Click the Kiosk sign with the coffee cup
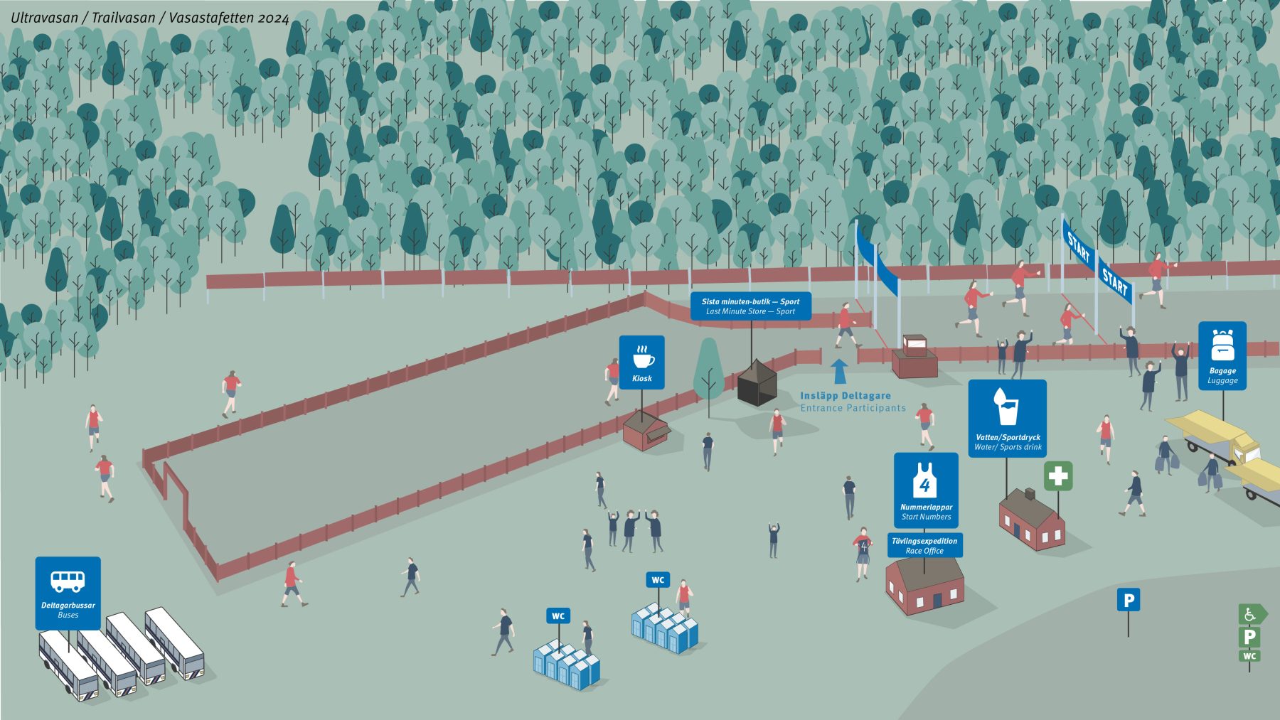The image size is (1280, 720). click(641, 362)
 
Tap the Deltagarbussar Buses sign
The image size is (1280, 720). click(68, 593)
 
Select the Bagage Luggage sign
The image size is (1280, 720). click(1222, 356)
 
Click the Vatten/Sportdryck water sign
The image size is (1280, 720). click(1008, 418)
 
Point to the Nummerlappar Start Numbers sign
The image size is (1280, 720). click(926, 490)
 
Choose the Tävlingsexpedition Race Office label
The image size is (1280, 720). click(925, 545)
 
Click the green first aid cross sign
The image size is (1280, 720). click(1058, 475)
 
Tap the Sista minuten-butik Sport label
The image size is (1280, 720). click(751, 306)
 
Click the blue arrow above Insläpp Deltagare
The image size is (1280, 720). click(839, 372)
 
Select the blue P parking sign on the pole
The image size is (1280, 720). click(1129, 601)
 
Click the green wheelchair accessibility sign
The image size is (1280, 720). click(1252, 614)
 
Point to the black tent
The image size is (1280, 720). click(757, 382)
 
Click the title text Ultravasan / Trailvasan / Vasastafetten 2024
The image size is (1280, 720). click(150, 18)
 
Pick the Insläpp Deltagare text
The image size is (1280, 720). click(846, 396)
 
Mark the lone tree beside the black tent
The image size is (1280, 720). click(708, 372)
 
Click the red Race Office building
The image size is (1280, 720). click(925, 585)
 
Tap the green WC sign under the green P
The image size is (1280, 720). click(1249, 656)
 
